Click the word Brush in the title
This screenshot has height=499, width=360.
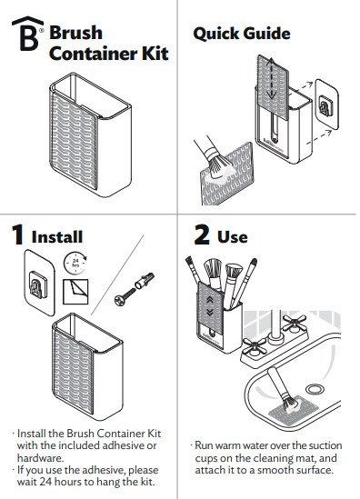coord(75,33)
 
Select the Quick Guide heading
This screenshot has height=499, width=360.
coord(242,34)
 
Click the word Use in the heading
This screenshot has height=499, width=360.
coord(233,236)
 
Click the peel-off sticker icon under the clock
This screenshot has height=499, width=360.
coord(74,290)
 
